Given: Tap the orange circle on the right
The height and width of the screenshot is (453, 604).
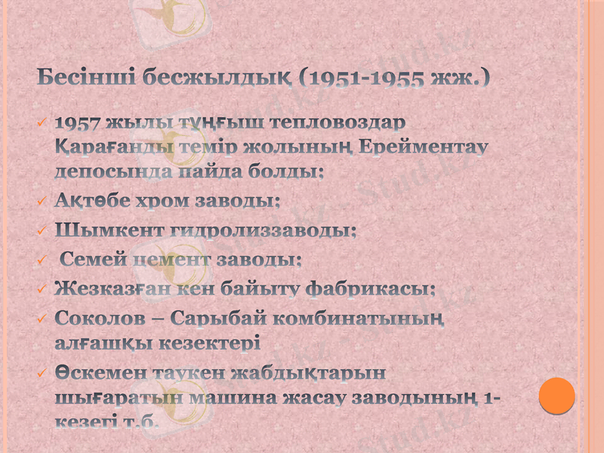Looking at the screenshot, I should point(557,395).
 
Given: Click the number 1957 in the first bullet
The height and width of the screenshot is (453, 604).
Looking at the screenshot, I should point(79,122).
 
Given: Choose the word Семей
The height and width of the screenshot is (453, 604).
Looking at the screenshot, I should point(90,260).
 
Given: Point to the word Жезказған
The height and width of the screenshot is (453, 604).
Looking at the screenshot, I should point(112,288).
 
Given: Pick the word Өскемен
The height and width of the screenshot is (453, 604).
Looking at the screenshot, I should point(98,372).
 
